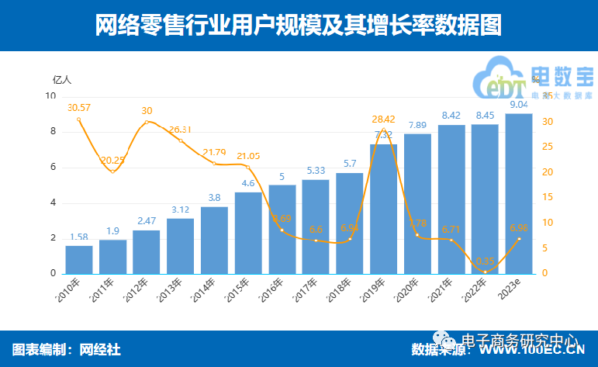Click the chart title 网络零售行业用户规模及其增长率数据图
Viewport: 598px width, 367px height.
299,25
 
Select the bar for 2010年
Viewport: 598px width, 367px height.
78,260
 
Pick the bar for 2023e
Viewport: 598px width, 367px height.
519,194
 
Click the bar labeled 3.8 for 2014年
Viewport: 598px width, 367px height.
214,241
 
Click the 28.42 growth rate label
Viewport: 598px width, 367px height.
383,119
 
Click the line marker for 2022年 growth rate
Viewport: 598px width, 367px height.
485,272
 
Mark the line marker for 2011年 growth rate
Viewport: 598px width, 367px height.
112,171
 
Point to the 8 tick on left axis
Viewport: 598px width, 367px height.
53,132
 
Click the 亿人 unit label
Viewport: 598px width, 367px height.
61,79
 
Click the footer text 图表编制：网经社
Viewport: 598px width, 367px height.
67,350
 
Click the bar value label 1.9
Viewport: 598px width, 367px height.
112,231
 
